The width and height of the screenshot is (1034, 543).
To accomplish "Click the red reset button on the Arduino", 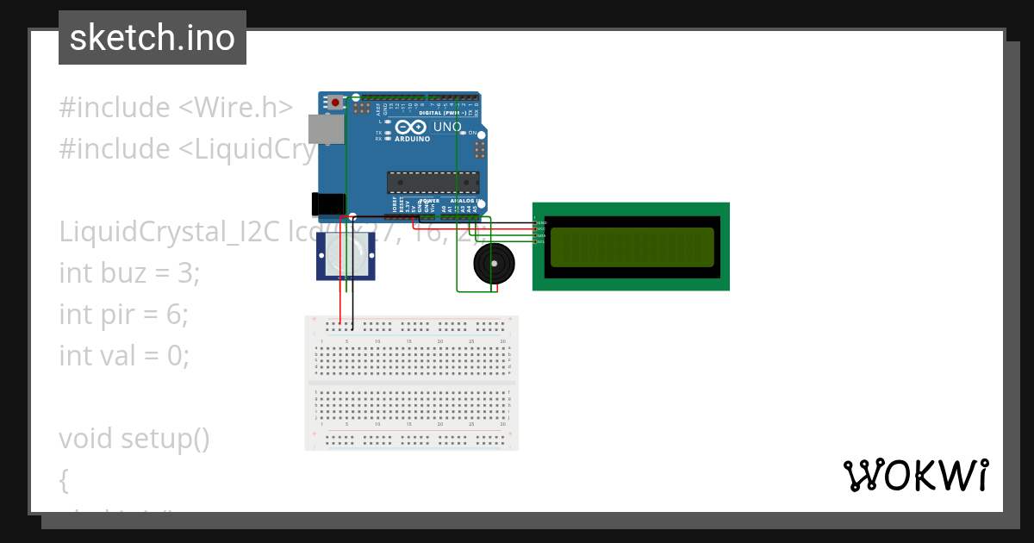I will pyautogui.click(x=335, y=103).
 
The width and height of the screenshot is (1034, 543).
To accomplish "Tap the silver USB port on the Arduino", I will pyautogui.click(x=325, y=129).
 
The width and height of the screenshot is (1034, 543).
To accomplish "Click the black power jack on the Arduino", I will pyautogui.click(x=325, y=204).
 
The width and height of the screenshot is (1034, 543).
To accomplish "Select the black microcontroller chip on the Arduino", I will pyautogui.click(x=433, y=182).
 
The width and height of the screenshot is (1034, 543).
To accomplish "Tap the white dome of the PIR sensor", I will pyautogui.click(x=346, y=253).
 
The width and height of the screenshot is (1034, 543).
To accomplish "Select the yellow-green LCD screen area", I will pyautogui.click(x=632, y=247).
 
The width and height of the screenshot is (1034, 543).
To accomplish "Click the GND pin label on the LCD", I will pyautogui.click(x=542, y=223).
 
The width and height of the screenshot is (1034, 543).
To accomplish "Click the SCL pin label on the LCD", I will pyautogui.click(x=542, y=242).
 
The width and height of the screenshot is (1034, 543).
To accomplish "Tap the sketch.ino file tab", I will pyautogui.click(x=153, y=38).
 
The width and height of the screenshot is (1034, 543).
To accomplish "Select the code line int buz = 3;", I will pyautogui.click(x=129, y=273).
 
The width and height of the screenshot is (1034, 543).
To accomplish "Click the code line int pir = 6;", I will pyautogui.click(x=123, y=315).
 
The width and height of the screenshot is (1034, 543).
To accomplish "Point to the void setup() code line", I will pyautogui.click(x=134, y=439).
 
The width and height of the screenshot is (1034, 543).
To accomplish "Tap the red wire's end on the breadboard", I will pyautogui.click(x=341, y=325).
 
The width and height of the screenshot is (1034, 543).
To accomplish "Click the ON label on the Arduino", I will pyautogui.click(x=472, y=134).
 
